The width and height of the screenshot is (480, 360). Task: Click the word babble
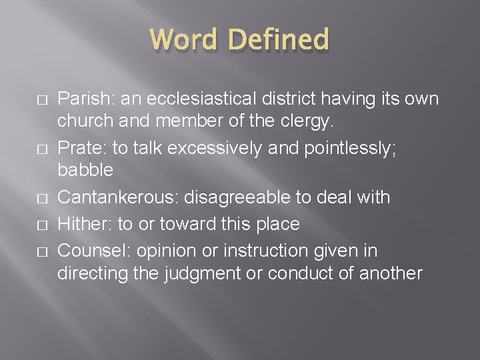(85, 170)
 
